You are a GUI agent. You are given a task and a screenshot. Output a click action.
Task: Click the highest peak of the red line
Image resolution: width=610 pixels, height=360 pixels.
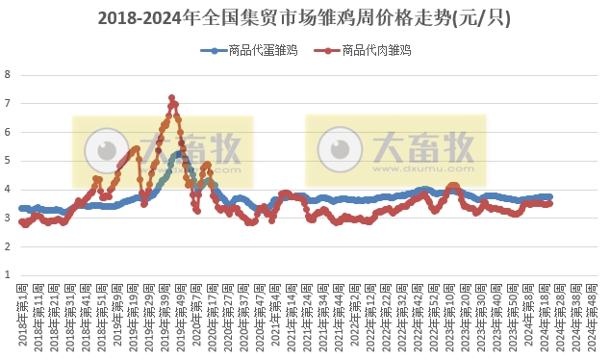click(171, 97)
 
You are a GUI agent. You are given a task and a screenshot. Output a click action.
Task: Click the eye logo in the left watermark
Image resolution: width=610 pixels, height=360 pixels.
click(102, 151)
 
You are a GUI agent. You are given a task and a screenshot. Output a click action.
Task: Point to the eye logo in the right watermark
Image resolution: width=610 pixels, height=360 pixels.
click(337, 151)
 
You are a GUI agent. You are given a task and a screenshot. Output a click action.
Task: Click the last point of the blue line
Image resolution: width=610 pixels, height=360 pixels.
click(549, 196)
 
